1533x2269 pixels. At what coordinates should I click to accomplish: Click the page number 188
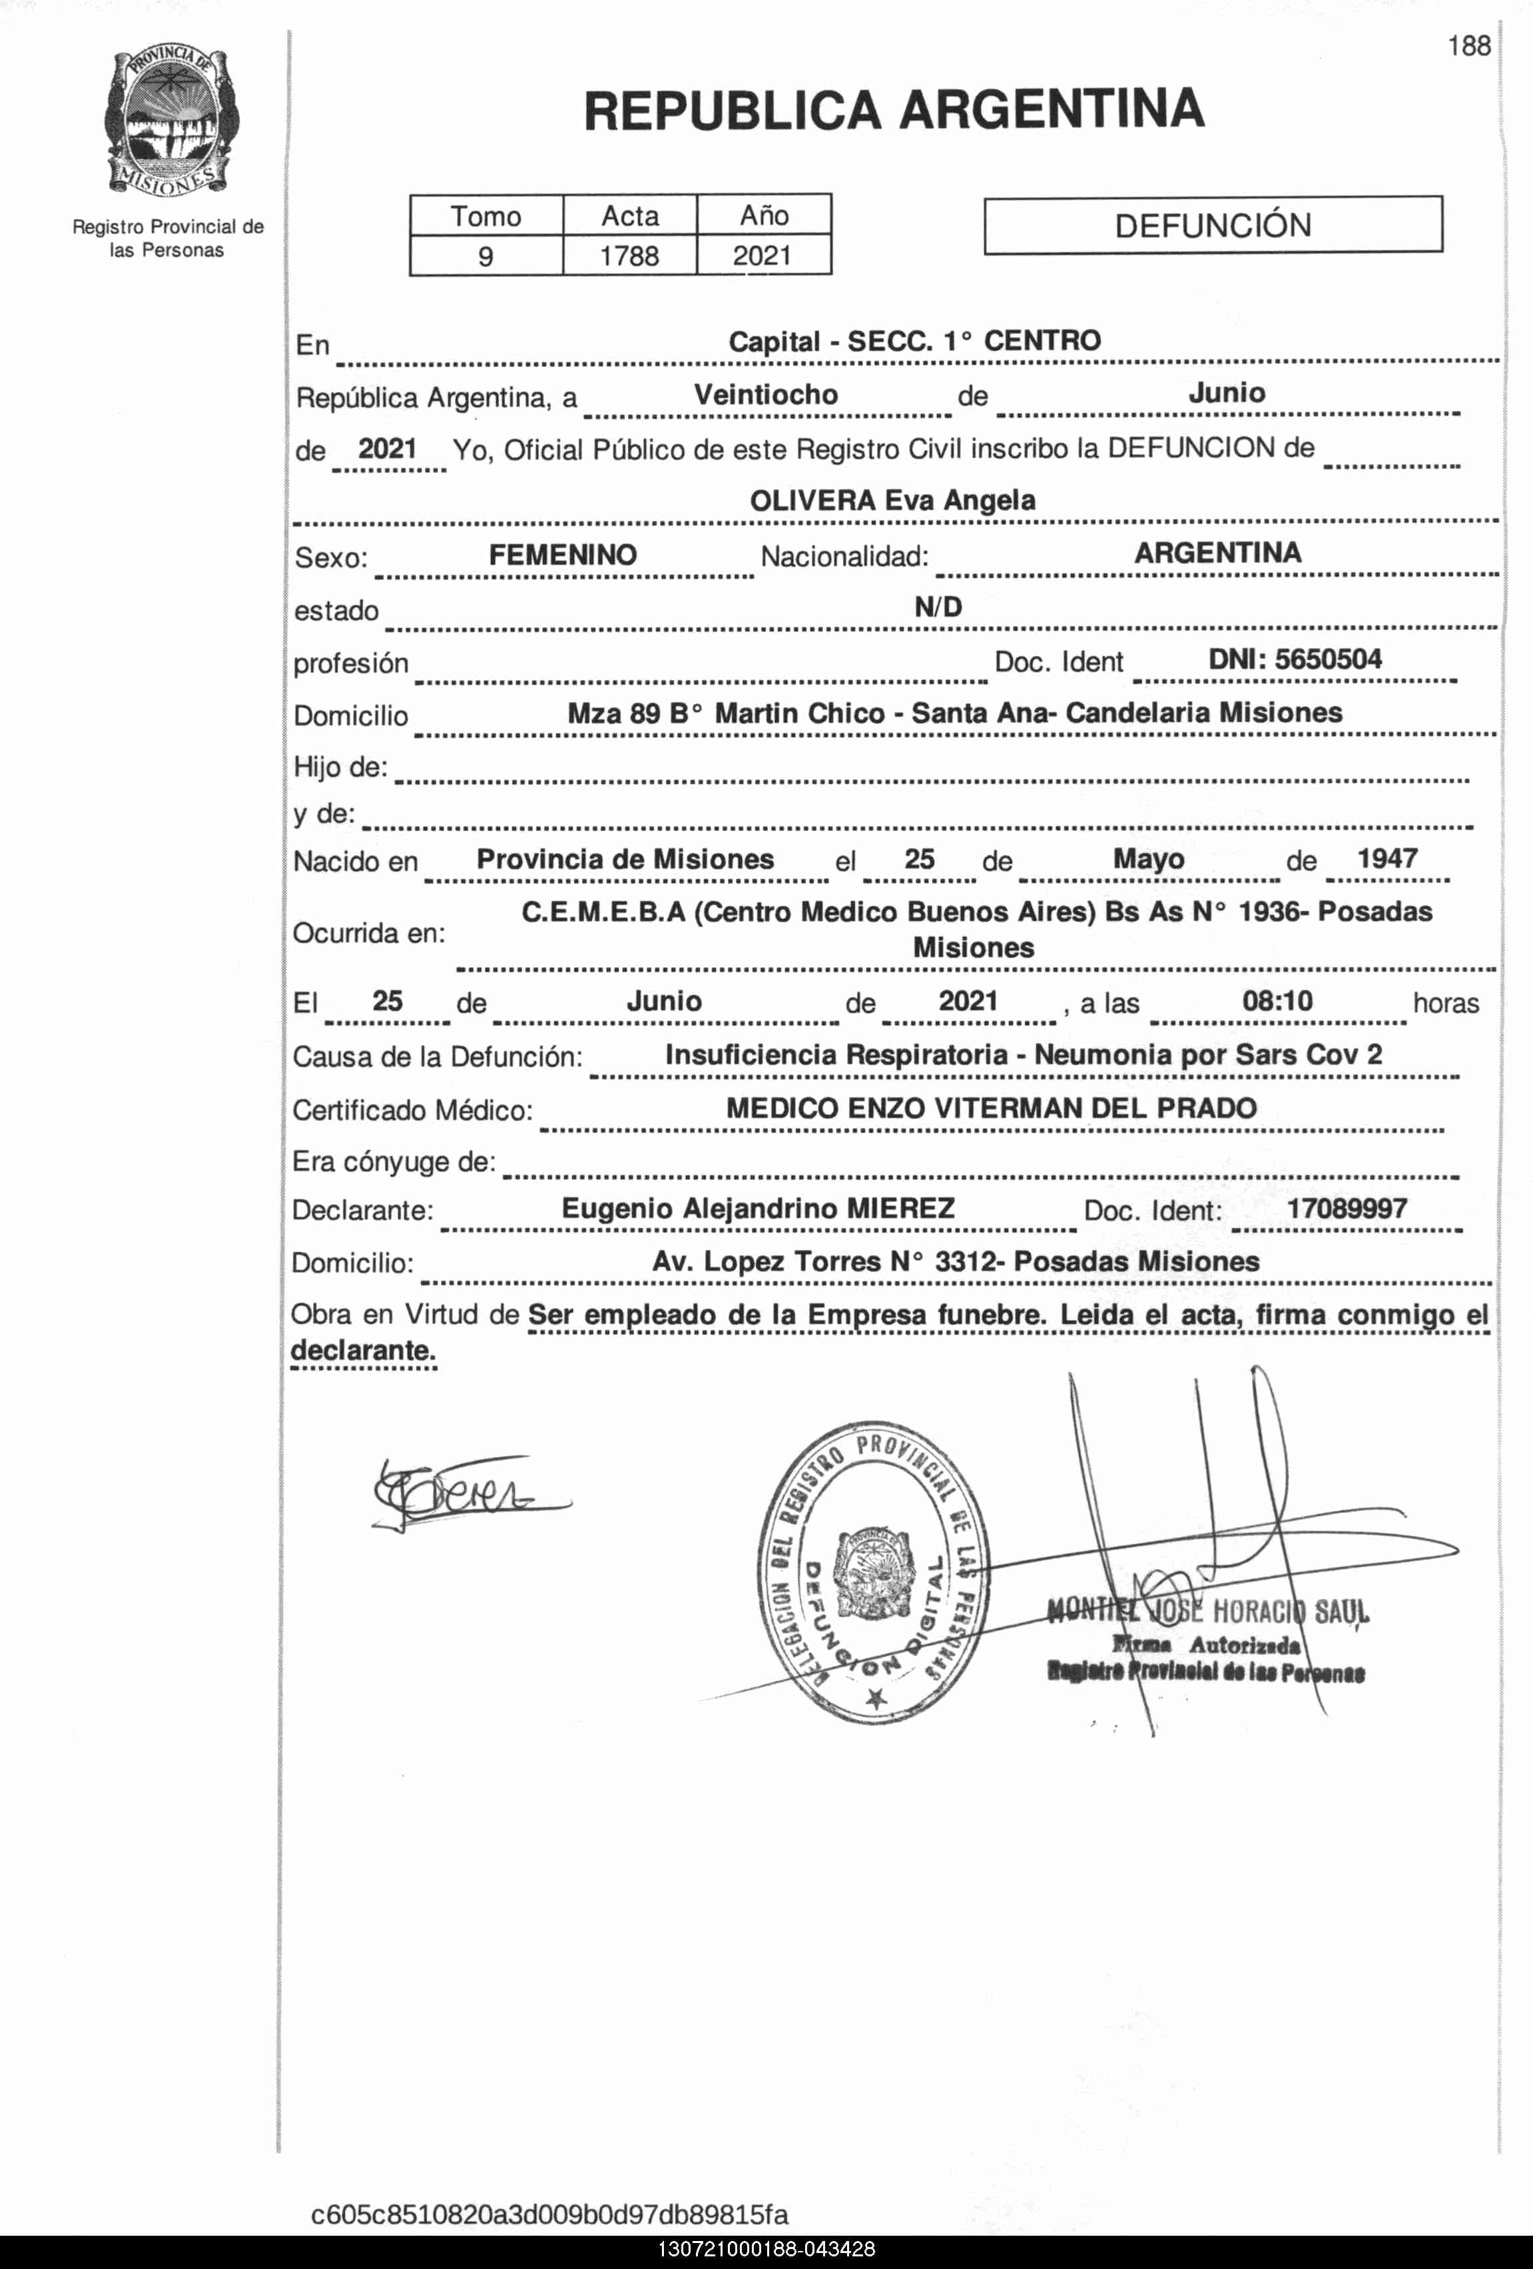[x=1468, y=46]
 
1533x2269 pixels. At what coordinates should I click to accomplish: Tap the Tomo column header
[x=485, y=216]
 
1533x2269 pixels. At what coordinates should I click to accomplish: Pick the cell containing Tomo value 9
[x=485, y=256]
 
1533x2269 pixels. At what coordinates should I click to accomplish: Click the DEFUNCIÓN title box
[x=1213, y=226]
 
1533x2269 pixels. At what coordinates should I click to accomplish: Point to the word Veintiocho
[x=766, y=394]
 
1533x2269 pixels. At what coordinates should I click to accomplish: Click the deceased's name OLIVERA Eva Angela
[x=892, y=500]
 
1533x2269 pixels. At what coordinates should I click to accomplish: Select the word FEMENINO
[x=563, y=555]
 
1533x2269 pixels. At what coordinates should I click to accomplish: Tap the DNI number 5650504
[x=1327, y=659]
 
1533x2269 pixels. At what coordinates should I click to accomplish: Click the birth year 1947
[x=1386, y=858]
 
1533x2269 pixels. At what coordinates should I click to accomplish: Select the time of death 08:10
[x=1277, y=1001]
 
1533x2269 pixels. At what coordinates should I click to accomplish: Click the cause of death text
[x=1024, y=1054]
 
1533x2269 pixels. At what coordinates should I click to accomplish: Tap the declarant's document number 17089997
[x=1347, y=1209]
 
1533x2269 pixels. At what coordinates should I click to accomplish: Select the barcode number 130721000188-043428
[x=766, y=2250]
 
